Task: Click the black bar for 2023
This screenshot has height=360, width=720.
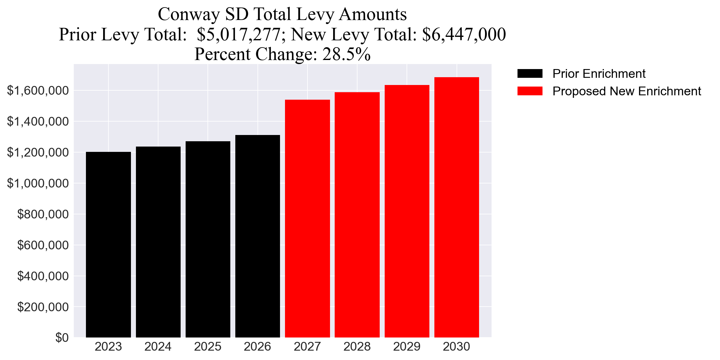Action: pyautogui.click(x=108, y=244)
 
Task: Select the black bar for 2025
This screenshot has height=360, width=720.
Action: pyautogui.click(x=208, y=239)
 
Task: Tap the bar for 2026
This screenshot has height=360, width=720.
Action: pyautogui.click(x=257, y=236)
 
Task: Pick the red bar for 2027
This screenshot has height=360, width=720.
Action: pyautogui.click(x=307, y=218)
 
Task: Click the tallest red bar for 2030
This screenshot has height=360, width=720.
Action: pyautogui.click(x=457, y=207)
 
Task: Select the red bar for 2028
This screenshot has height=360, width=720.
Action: pyautogui.click(x=357, y=215)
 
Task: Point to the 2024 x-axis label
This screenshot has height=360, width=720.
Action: pyautogui.click(x=158, y=347)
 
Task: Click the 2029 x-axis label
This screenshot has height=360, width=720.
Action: pyautogui.click(x=407, y=347)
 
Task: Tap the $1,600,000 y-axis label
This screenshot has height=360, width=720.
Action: pyautogui.click(x=38, y=91)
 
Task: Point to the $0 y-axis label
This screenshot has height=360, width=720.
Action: pyautogui.click(x=62, y=337)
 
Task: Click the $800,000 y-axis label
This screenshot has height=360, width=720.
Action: pyautogui.click(x=43, y=214)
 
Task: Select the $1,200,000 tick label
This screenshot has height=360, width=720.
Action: pyautogui.click(x=38, y=152)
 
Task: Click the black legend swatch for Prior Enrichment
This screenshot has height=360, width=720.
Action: pyautogui.click(x=530, y=73)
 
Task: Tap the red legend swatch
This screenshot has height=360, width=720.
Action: pyautogui.click(x=530, y=91)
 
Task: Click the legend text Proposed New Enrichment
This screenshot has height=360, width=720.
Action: pyautogui.click(x=627, y=91)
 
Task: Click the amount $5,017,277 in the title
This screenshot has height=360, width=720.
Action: pyautogui.click(x=238, y=34)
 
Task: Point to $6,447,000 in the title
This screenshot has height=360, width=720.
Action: pyautogui.click(x=464, y=34)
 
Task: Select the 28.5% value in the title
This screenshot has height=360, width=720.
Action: pyautogui.click(x=346, y=54)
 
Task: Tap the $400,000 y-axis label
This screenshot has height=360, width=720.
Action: pyautogui.click(x=43, y=276)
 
